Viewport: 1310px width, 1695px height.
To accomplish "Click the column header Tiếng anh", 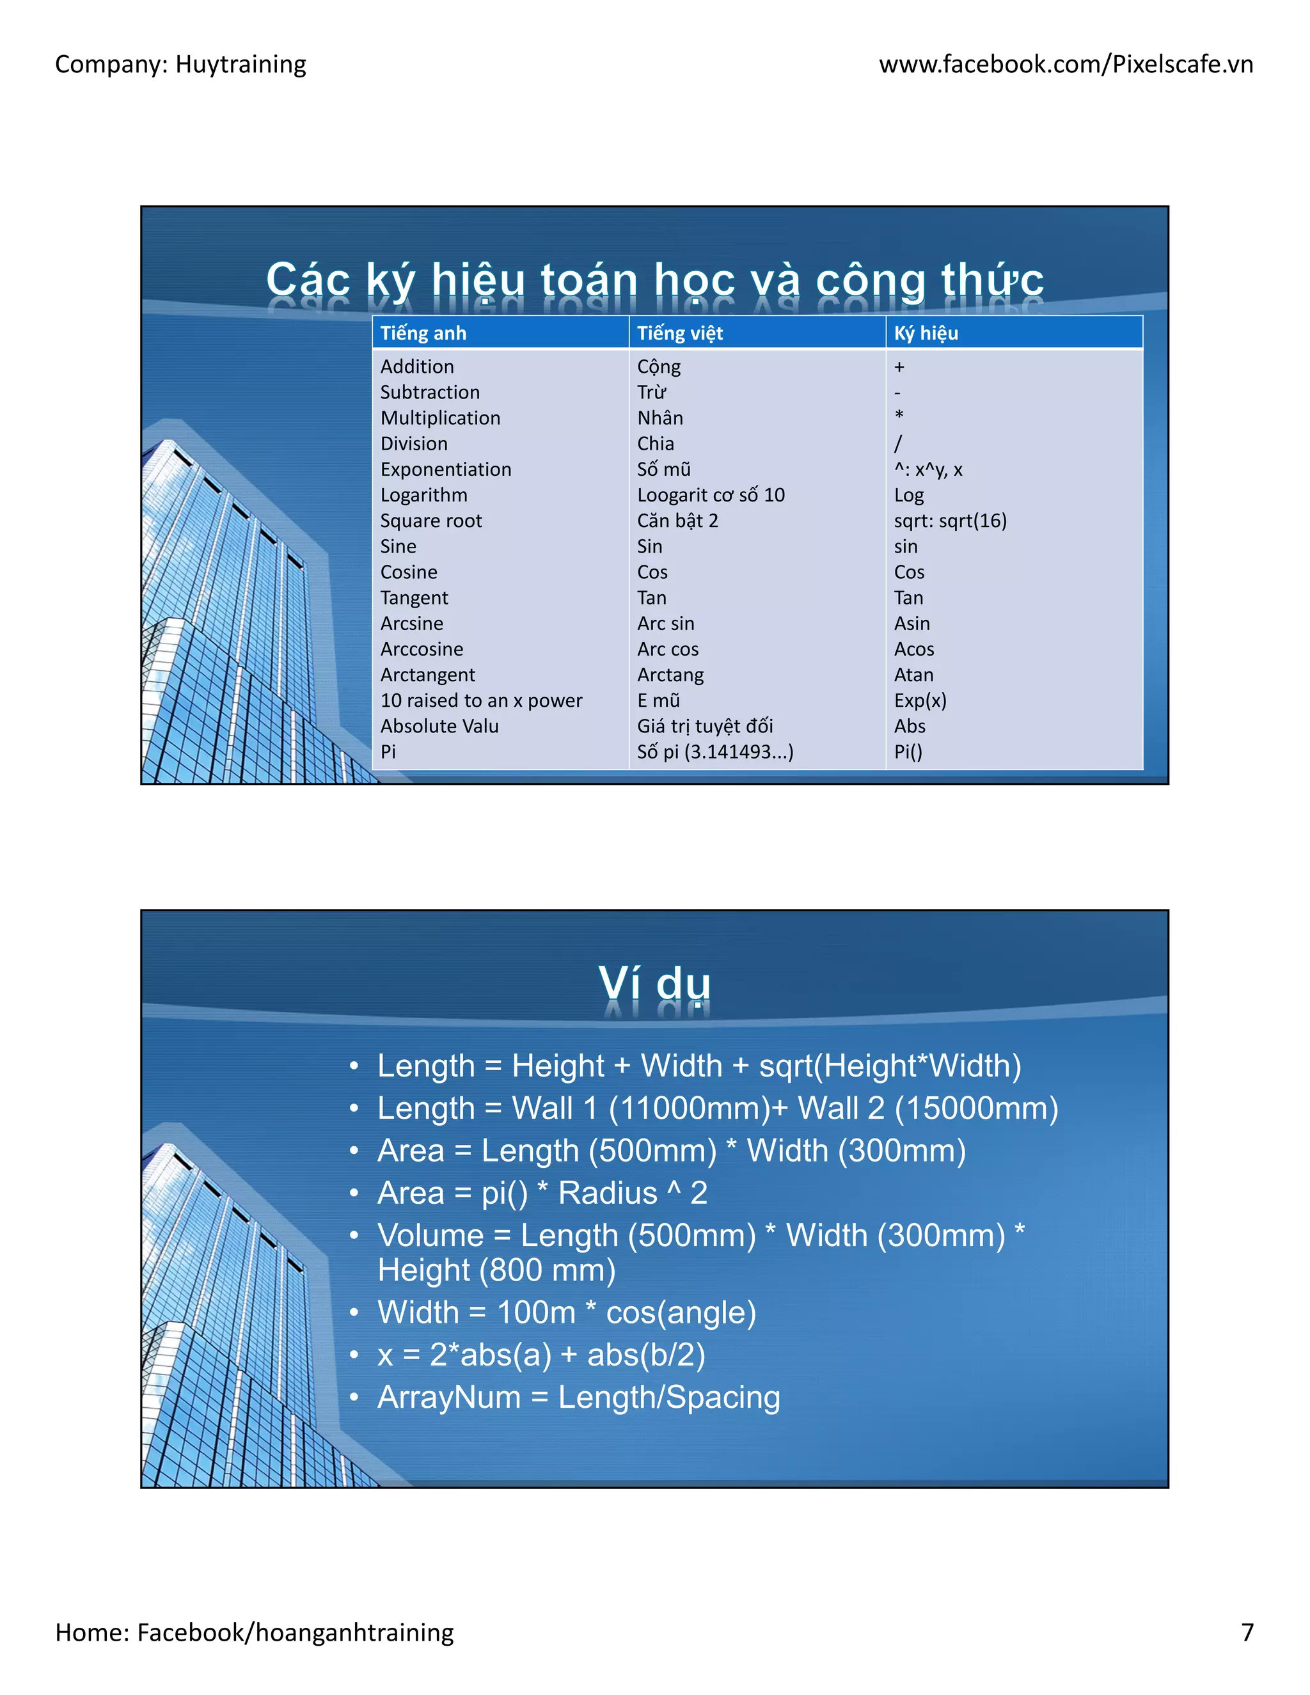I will (x=423, y=333).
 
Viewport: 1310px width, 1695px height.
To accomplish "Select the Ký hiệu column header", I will (x=925, y=333).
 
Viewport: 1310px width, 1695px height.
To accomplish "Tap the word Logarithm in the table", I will (x=423, y=495).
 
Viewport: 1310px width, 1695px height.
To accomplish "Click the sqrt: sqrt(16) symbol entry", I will (x=950, y=521).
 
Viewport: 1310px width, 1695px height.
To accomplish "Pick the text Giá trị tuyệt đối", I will (x=705, y=726).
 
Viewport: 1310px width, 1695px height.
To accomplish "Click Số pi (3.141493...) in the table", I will (x=714, y=752).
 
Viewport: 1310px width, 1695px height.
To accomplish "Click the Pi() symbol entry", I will (x=908, y=752).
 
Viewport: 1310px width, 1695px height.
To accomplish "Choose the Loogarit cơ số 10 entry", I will (x=710, y=495).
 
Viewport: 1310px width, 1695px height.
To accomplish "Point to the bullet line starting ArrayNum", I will (x=578, y=1397).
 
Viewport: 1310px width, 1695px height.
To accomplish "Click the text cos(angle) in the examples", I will (x=681, y=1313).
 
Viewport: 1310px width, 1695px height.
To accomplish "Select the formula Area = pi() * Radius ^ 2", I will (x=542, y=1193).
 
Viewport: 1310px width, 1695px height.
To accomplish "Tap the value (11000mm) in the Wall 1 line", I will (x=688, y=1108).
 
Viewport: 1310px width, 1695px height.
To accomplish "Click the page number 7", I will (x=1247, y=1632).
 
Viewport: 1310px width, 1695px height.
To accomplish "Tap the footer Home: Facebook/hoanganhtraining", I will (x=254, y=1632).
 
